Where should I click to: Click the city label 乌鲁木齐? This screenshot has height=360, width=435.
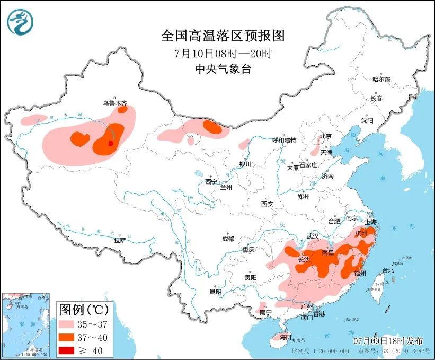(114, 104)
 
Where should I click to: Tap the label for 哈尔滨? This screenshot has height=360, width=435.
(381, 79)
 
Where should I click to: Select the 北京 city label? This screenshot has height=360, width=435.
(325, 136)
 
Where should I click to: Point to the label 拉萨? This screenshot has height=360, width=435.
(120, 240)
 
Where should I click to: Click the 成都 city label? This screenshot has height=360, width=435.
(228, 239)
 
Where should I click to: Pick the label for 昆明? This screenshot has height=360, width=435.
(215, 291)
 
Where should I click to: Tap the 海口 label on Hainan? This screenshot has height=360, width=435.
(286, 337)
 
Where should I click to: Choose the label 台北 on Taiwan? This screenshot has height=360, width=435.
(388, 270)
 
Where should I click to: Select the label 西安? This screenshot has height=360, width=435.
(267, 204)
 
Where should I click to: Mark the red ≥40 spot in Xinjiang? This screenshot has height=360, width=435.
(110, 143)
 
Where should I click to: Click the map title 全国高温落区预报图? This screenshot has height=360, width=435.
(223, 36)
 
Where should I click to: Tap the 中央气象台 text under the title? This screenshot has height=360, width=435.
(222, 69)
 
